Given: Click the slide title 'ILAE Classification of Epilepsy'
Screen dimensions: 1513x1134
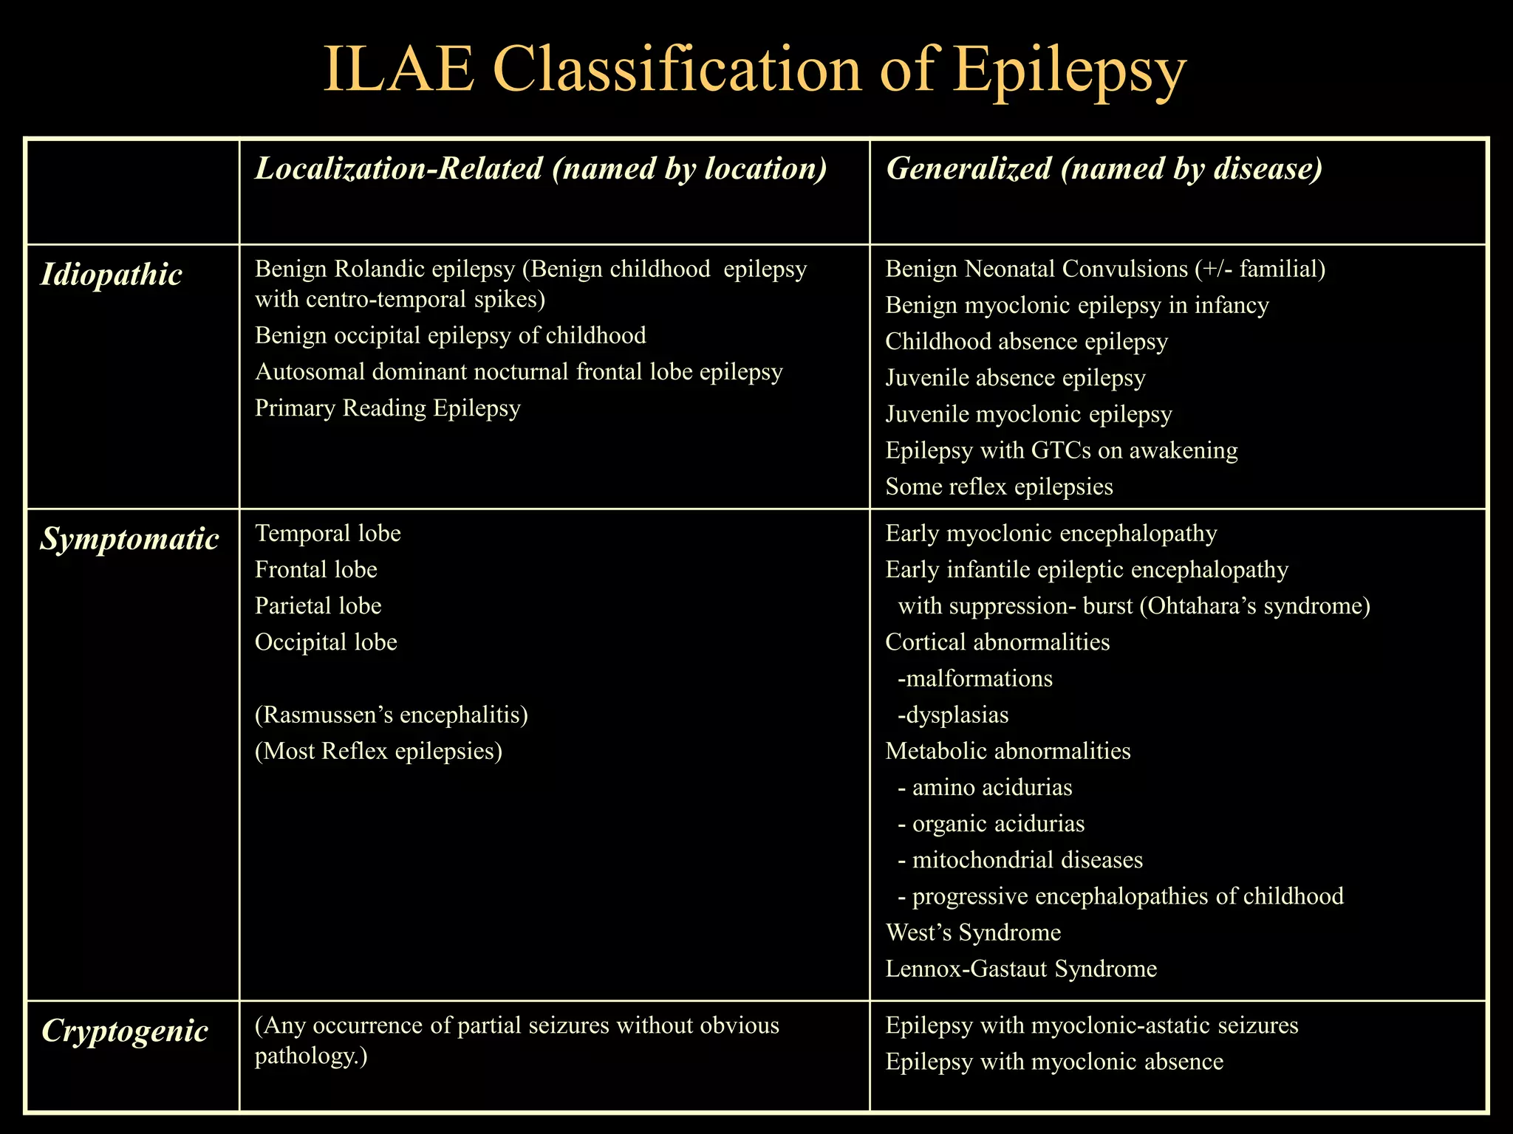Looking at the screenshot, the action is (x=755, y=71).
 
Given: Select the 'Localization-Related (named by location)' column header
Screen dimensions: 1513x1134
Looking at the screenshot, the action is (x=541, y=169).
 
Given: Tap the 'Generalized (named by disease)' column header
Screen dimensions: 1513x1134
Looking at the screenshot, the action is (x=1104, y=169).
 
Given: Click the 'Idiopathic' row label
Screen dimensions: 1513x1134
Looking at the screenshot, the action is (x=111, y=275).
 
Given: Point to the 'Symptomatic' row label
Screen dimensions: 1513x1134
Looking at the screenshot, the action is (x=129, y=540).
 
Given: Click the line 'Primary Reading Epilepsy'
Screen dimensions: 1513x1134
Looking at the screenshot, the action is (x=388, y=408).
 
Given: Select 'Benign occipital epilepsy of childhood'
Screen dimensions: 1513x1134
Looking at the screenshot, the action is (x=451, y=336).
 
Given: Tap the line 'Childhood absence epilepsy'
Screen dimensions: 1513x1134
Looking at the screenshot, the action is (x=1026, y=342).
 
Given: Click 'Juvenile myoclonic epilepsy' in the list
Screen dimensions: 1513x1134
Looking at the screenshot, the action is (x=1028, y=414).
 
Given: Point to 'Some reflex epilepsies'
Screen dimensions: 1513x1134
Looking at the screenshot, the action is (x=999, y=487).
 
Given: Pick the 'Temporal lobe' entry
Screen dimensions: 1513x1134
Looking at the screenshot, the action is (x=328, y=534).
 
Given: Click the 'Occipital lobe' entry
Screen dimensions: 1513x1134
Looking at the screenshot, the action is (x=326, y=642).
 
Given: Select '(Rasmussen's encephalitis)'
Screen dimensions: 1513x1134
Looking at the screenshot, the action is (x=392, y=715).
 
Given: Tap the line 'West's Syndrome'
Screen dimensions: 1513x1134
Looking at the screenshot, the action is (x=973, y=933).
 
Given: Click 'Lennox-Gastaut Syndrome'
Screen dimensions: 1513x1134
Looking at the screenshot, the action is (x=1021, y=969).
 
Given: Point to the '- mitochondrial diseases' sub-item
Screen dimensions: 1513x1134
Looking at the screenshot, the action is (x=1020, y=861).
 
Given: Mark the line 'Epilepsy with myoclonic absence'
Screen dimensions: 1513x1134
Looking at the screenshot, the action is (x=1054, y=1062).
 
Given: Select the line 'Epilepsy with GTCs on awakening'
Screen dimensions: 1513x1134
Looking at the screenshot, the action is (x=1062, y=450).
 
